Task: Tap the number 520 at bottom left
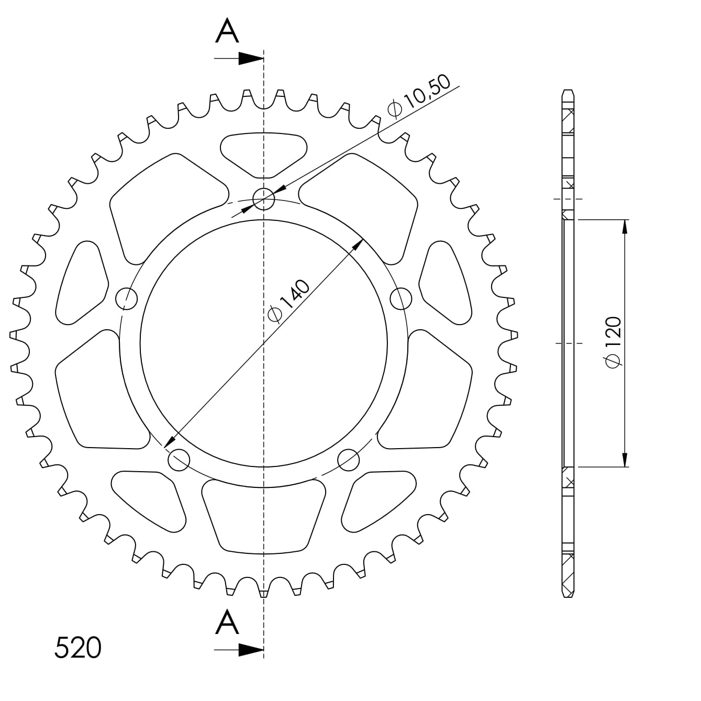click(x=78, y=648)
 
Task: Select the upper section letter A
click(x=227, y=32)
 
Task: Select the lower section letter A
click(x=227, y=623)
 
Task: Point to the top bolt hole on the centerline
click(x=263, y=199)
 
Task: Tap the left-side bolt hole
click(x=126, y=298)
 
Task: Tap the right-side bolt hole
click(x=401, y=298)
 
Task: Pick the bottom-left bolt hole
click(x=179, y=460)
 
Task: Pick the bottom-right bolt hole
click(x=349, y=460)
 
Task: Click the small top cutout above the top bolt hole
click(x=263, y=152)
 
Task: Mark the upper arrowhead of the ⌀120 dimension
click(x=625, y=226)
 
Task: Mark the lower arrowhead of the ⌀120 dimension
click(x=625, y=460)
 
